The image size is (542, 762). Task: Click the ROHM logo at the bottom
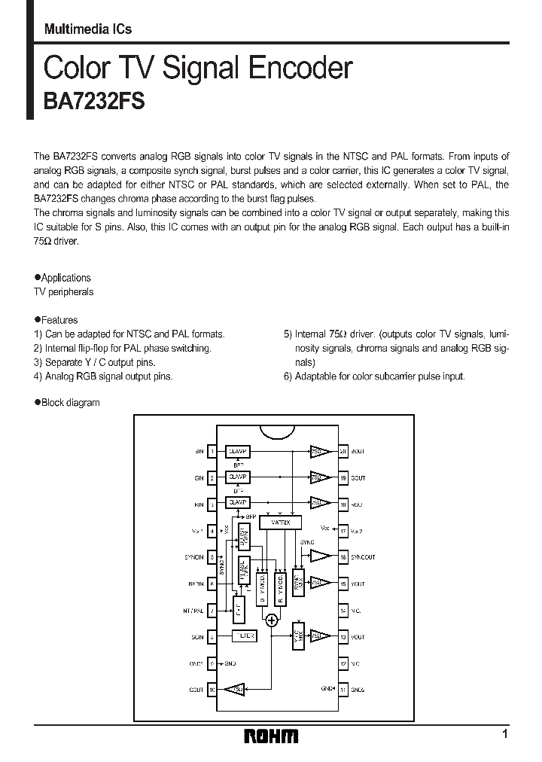tap(271, 736)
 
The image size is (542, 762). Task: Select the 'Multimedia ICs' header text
tap(87, 29)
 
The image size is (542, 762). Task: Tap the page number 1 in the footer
tap(505, 733)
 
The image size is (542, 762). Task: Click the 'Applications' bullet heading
tap(65, 278)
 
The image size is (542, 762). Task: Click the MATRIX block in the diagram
tap(280, 522)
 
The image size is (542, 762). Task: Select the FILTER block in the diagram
tap(243, 636)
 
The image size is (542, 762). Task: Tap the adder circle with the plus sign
tap(271, 620)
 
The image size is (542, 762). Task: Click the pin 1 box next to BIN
tap(212, 452)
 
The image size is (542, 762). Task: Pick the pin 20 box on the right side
tap(343, 452)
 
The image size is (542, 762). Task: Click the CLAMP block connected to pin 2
tap(238, 477)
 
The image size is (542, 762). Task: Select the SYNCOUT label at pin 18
tap(363, 557)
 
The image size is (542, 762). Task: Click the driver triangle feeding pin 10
tap(236, 690)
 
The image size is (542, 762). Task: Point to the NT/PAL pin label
tap(194, 611)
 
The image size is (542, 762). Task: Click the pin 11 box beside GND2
tap(343, 690)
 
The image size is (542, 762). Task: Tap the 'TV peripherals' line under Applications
tap(65, 291)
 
